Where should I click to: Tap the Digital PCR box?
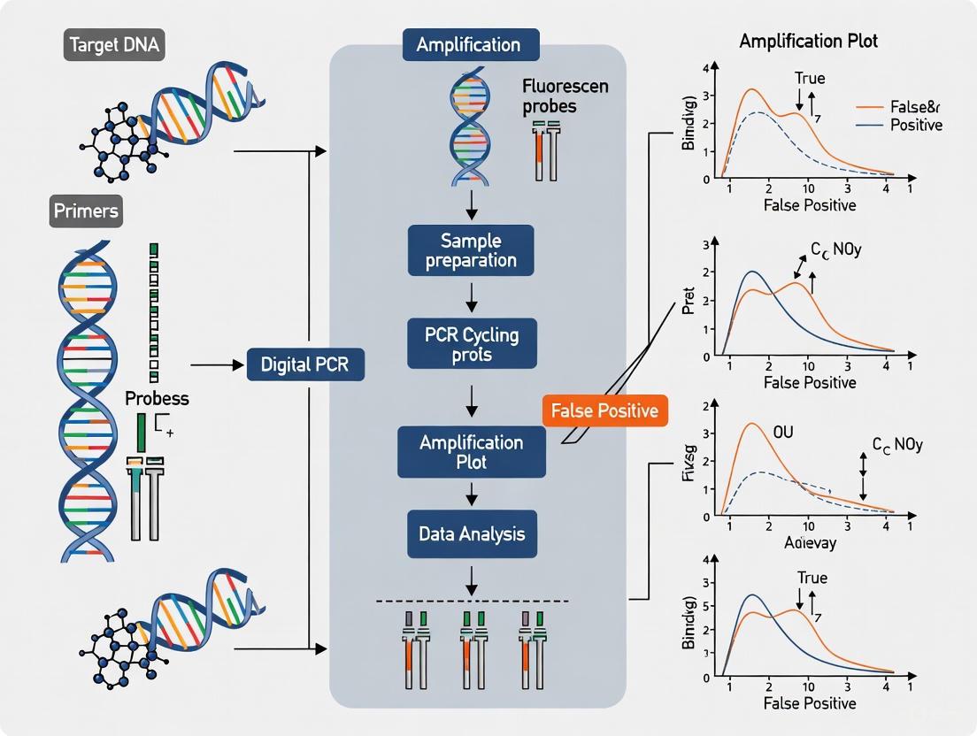click(305, 364)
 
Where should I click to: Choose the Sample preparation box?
click(471, 250)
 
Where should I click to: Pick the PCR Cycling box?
click(471, 344)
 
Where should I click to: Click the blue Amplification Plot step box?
click(471, 452)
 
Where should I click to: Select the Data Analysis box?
click(471, 533)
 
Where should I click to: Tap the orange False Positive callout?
click(604, 410)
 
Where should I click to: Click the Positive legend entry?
click(915, 125)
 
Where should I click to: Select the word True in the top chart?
click(810, 78)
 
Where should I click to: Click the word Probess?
click(157, 398)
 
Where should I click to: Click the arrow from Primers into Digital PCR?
click(216, 364)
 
